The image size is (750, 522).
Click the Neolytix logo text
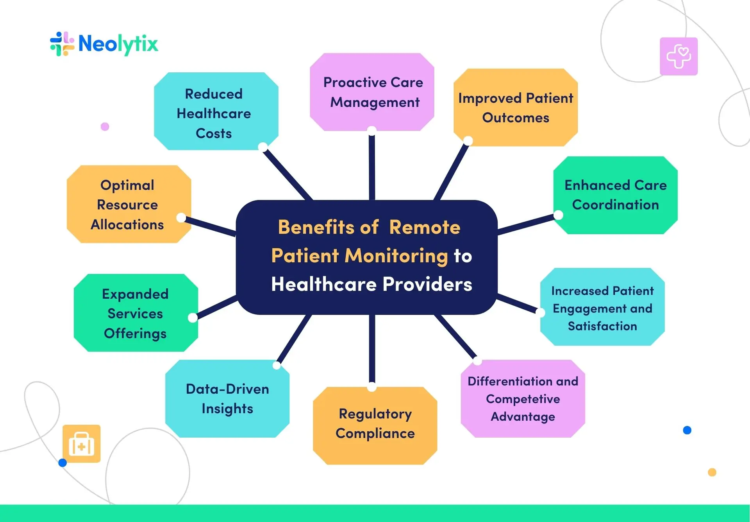click(118, 44)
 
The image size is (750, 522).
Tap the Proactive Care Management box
click(372, 92)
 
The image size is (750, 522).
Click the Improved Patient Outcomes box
click(516, 108)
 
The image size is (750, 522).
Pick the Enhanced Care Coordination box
click(615, 195)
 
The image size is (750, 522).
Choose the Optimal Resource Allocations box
click(128, 204)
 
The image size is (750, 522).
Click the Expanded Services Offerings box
click(136, 313)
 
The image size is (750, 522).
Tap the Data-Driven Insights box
click(227, 398)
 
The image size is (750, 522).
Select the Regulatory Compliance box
click(375, 424)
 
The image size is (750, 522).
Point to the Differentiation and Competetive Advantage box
click(523, 398)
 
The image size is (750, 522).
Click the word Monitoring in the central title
click(396, 256)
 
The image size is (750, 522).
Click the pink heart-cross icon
click(679, 56)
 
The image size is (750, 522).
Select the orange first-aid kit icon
click(82, 444)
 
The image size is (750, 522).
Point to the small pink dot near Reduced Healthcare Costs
click(105, 126)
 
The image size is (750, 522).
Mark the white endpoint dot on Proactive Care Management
click(372, 130)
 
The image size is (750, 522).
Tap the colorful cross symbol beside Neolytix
click(62, 44)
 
